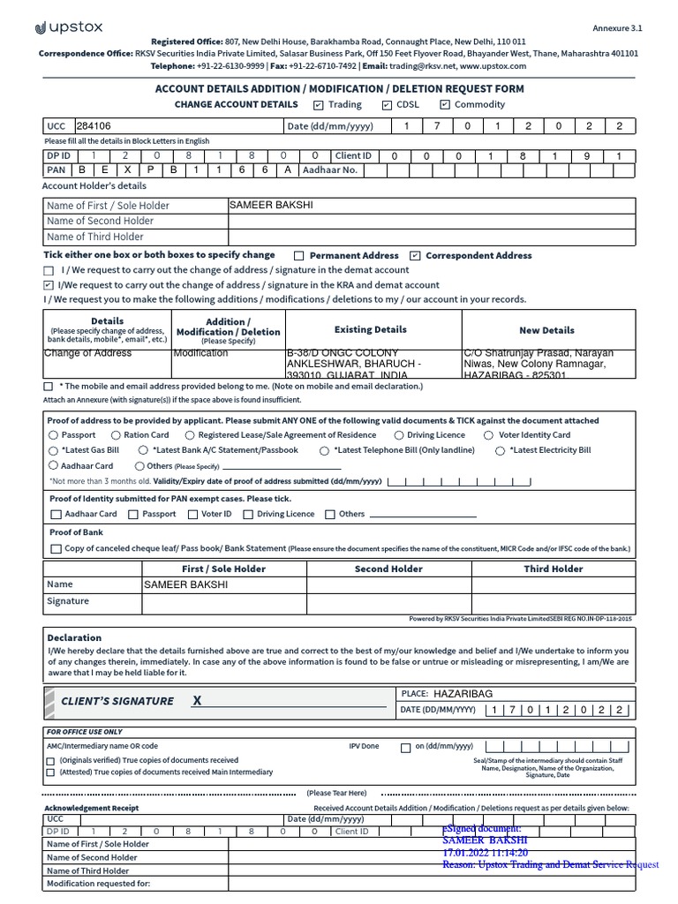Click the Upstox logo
pyautogui.click(x=69, y=27)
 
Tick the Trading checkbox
pyautogui.click(x=319, y=105)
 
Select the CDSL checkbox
pyautogui.click(x=387, y=105)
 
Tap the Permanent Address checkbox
pyautogui.click(x=299, y=256)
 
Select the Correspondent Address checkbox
pyautogui.click(x=416, y=256)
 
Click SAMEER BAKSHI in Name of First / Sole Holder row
pyautogui.click(x=270, y=205)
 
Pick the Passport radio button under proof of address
pyautogui.click(x=54, y=435)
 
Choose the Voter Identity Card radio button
pyautogui.click(x=489, y=435)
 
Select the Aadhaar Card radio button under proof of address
pyautogui.click(x=54, y=465)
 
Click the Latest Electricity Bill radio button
pyautogui.click(x=501, y=450)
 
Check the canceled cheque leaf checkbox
pyautogui.click(x=56, y=549)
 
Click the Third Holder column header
pyautogui.click(x=553, y=569)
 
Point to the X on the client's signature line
pyautogui.click(x=197, y=700)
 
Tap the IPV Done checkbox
pyautogui.click(x=405, y=748)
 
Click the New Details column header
pyautogui.click(x=546, y=330)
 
